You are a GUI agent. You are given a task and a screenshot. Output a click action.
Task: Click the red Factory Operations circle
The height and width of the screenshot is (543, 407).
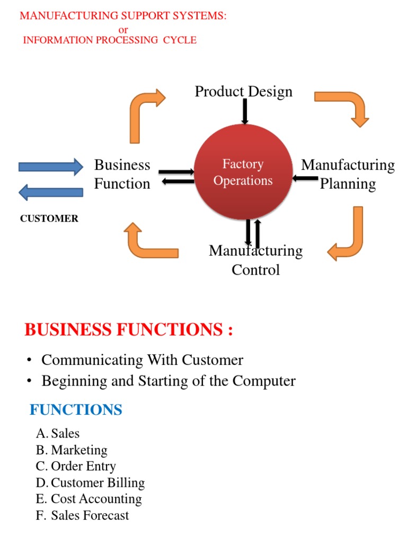tap(243, 173)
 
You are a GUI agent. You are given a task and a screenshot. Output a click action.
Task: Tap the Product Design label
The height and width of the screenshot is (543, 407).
tap(243, 91)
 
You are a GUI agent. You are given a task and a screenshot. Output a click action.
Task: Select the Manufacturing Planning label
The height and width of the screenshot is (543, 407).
tap(348, 174)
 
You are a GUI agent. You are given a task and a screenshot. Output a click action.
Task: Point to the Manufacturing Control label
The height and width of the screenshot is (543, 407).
tap(255, 260)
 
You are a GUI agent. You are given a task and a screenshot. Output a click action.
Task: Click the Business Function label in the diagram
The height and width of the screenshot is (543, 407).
tap(122, 174)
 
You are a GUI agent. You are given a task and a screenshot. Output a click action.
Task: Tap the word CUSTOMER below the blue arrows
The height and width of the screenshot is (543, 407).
tap(49, 218)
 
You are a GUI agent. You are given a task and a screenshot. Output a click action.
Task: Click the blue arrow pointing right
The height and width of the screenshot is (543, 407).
tap(50, 167)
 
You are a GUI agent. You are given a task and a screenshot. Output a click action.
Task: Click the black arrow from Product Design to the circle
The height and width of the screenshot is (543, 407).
tap(245, 112)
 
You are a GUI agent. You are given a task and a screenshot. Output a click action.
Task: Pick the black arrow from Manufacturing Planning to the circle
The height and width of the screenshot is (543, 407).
tap(305, 178)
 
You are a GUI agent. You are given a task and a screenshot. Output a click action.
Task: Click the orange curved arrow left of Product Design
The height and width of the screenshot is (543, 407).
tap(144, 114)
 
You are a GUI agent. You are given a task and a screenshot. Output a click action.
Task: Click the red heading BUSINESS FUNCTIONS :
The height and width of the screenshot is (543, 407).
tap(129, 330)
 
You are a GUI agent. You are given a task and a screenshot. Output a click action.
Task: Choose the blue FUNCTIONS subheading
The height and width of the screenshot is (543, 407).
tap(76, 410)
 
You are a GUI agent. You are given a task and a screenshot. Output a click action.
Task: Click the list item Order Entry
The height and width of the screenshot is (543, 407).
tap(83, 466)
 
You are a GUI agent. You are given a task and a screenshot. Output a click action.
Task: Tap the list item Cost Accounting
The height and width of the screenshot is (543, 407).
tap(96, 499)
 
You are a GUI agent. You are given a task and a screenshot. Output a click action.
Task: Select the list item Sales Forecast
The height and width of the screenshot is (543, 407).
tap(90, 515)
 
